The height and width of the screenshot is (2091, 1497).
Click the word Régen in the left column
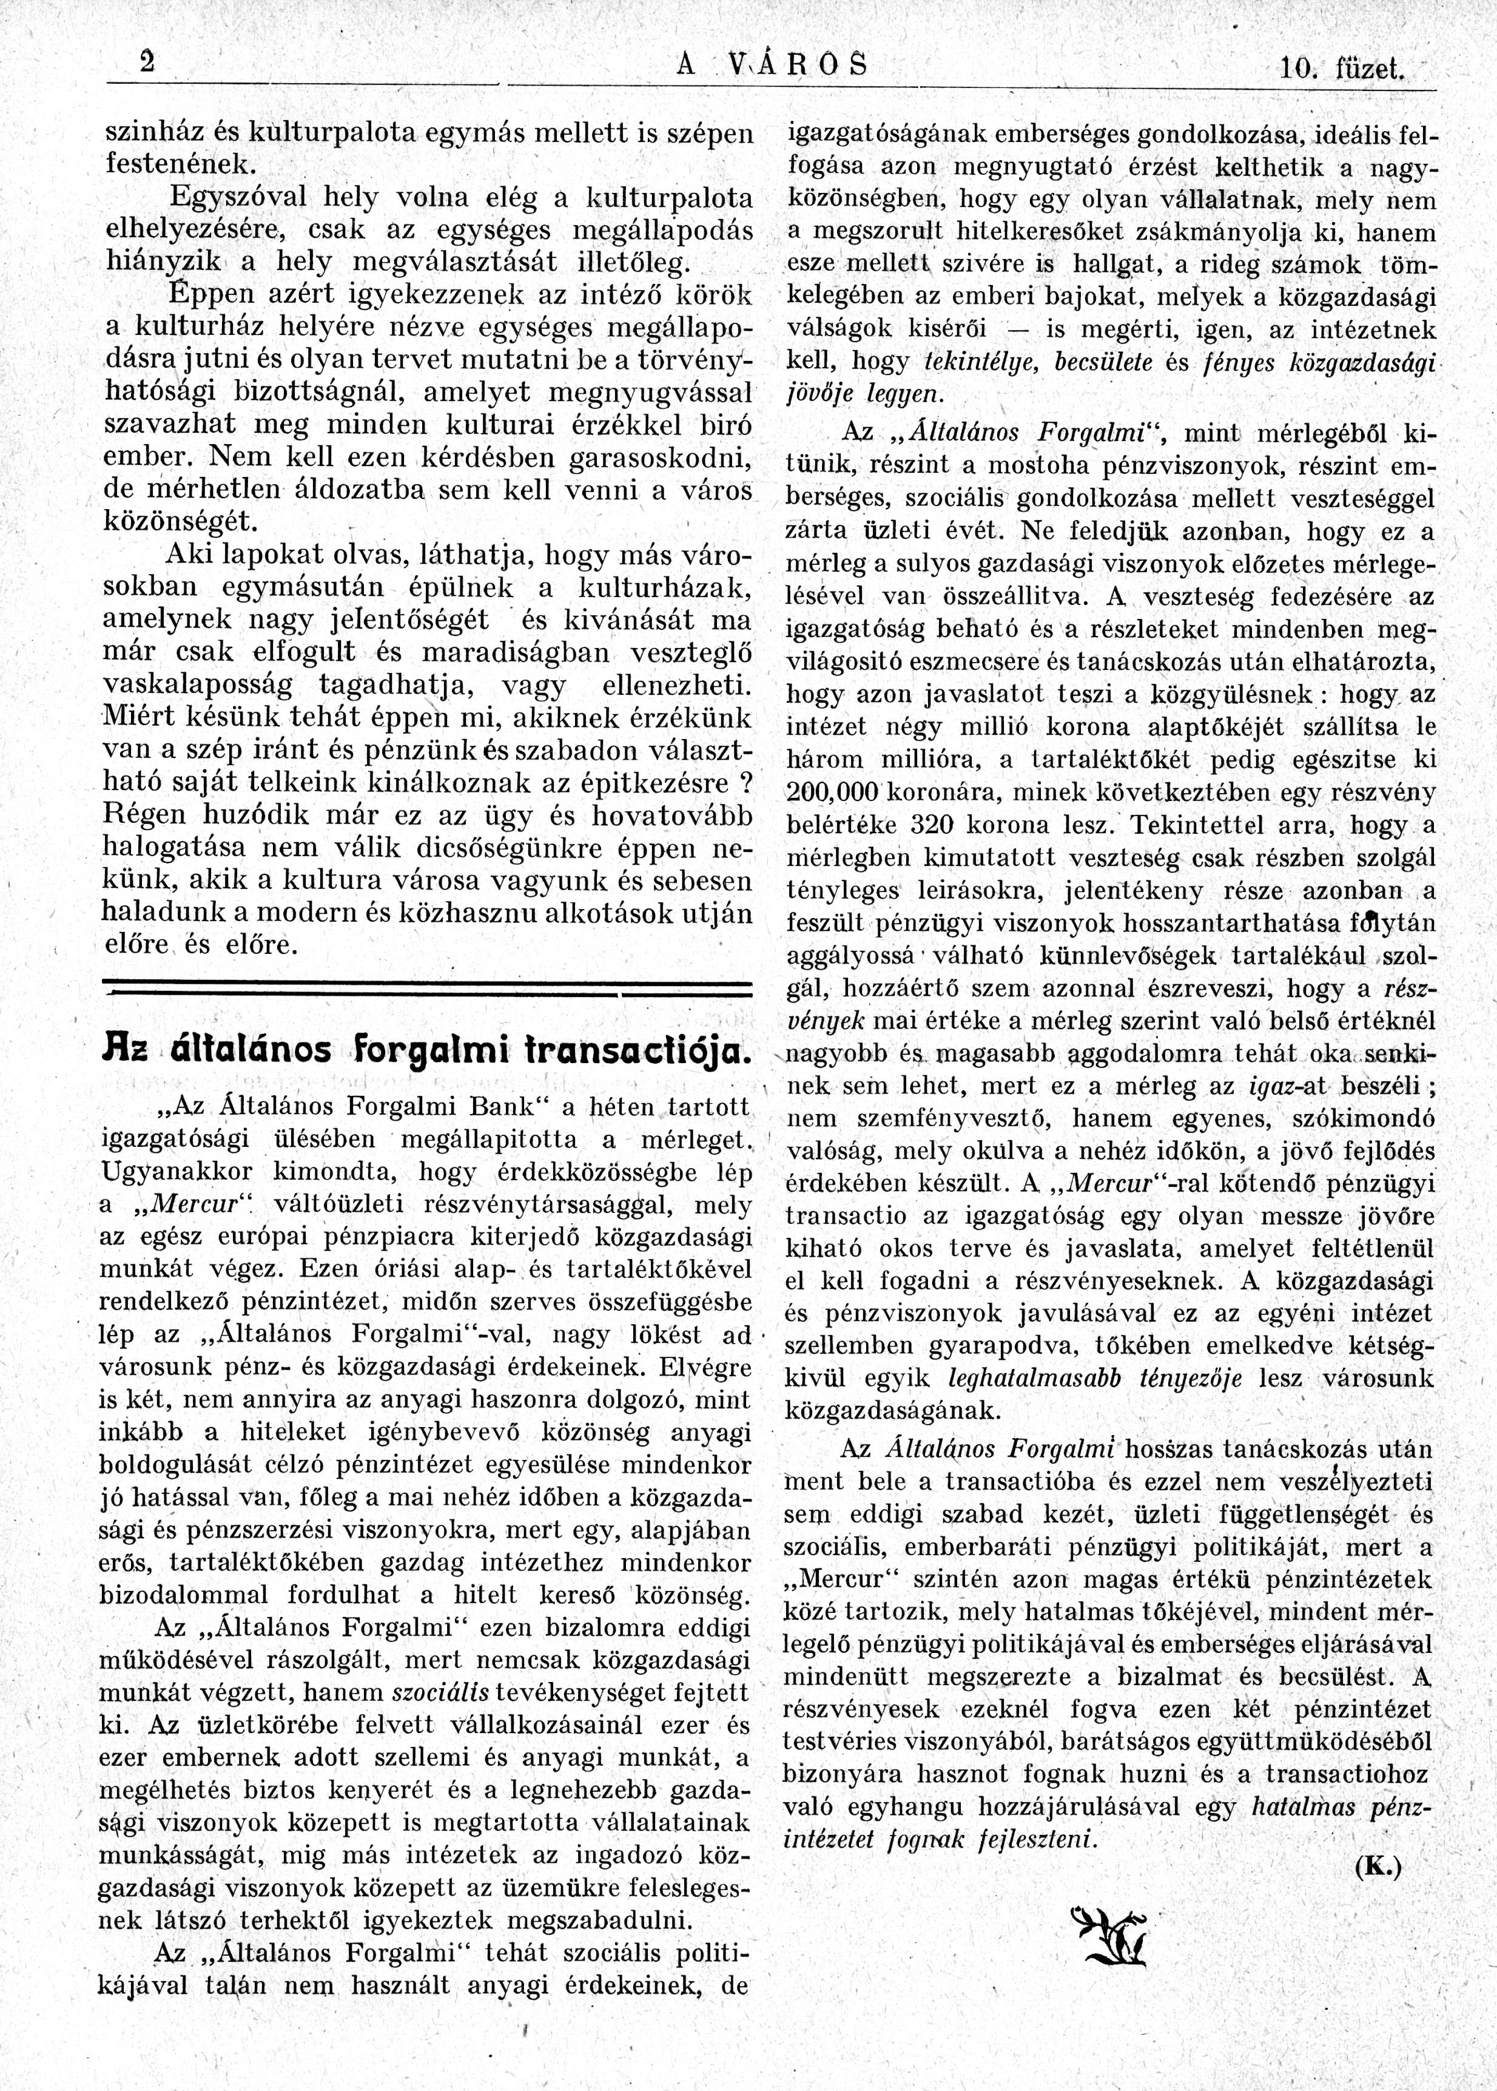click(146, 816)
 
